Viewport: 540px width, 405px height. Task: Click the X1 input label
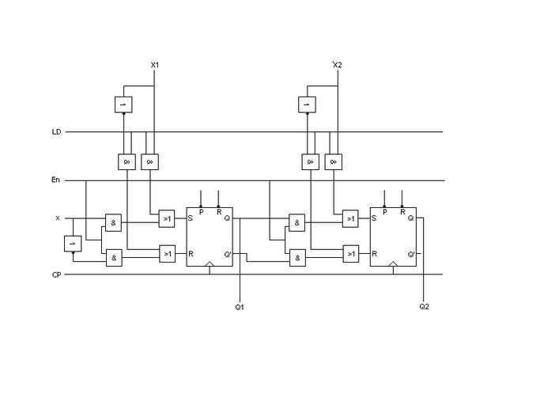pyautogui.click(x=155, y=64)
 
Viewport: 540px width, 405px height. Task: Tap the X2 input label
pyautogui.click(x=338, y=64)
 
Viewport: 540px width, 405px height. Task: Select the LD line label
pyautogui.click(x=56, y=132)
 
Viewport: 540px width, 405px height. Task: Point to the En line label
pyautogui.click(x=56, y=180)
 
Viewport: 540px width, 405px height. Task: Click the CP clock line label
pyautogui.click(x=56, y=275)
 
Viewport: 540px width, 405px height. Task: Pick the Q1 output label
pyautogui.click(x=240, y=306)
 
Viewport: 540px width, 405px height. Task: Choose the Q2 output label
pyautogui.click(x=425, y=306)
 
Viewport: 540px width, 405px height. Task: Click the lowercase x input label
pyautogui.click(x=57, y=218)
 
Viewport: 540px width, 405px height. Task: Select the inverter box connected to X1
pyautogui.click(x=123, y=104)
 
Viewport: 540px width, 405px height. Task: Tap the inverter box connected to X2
pyautogui.click(x=307, y=104)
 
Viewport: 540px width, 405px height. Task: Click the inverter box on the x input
pyautogui.click(x=73, y=244)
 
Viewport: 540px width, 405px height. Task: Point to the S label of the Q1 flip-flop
pyautogui.click(x=191, y=218)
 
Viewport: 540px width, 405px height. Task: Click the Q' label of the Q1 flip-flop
pyautogui.click(x=228, y=254)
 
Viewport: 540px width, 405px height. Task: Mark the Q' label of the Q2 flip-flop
pyautogui.click(x=412, y=254)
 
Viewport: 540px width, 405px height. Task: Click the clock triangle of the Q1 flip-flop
pyautogui.click(x=210, y=263)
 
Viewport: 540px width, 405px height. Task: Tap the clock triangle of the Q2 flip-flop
pyautogui.click(x=393, y=263)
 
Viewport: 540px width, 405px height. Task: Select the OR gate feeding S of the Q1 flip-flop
pyautogui.click(x=167, y=218)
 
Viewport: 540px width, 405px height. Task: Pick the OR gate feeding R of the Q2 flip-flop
pyautogui.click(x=350, y=254)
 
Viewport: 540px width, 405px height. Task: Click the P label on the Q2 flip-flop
pyautogui.click(x=384, y=212)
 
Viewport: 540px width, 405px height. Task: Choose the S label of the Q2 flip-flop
pyautogui.click(x=374, y=218)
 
